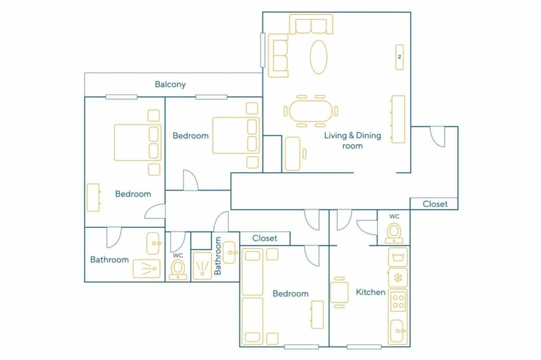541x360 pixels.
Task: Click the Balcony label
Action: (170, 84)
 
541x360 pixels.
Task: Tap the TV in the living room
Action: (400, 57)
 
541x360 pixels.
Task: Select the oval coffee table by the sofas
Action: (318, 57)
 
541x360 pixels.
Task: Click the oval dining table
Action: (310, 111)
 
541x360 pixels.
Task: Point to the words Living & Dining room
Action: (352, 140)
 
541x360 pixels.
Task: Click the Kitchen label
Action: (370, 292)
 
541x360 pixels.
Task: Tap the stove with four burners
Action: (398, 301)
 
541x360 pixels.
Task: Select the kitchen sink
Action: (398, 331)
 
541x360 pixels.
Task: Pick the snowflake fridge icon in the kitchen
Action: (398, 278)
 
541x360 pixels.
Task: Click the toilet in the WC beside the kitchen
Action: (394, 233)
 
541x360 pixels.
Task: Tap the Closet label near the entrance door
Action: (435, 204)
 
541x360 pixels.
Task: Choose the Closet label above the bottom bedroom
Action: (265, 238)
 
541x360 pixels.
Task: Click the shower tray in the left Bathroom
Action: (147, 269)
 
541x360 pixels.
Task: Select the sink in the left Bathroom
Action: (153, 243)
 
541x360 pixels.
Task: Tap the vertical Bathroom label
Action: (217, 256)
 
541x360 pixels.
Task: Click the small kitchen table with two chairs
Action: (339, 292)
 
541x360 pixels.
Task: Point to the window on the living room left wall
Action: (263, 50)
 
